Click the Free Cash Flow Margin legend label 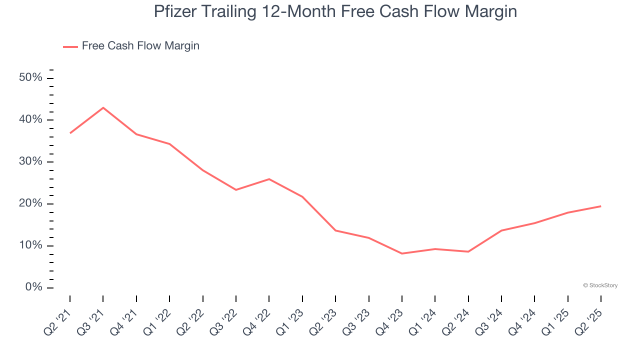point(140,46)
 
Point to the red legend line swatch point(70,46)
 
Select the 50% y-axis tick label point(31,78)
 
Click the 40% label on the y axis point(31,120)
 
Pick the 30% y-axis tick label point(31,162)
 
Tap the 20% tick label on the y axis point(31,204)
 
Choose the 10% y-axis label point(31,245)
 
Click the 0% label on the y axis point(34,287)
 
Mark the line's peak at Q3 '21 point(103,107)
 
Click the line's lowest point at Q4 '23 point(402,253)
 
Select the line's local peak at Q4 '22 point(269,179)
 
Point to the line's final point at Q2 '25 point(600,206)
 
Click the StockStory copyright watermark point(600,285)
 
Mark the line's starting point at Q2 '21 point(70,133)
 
